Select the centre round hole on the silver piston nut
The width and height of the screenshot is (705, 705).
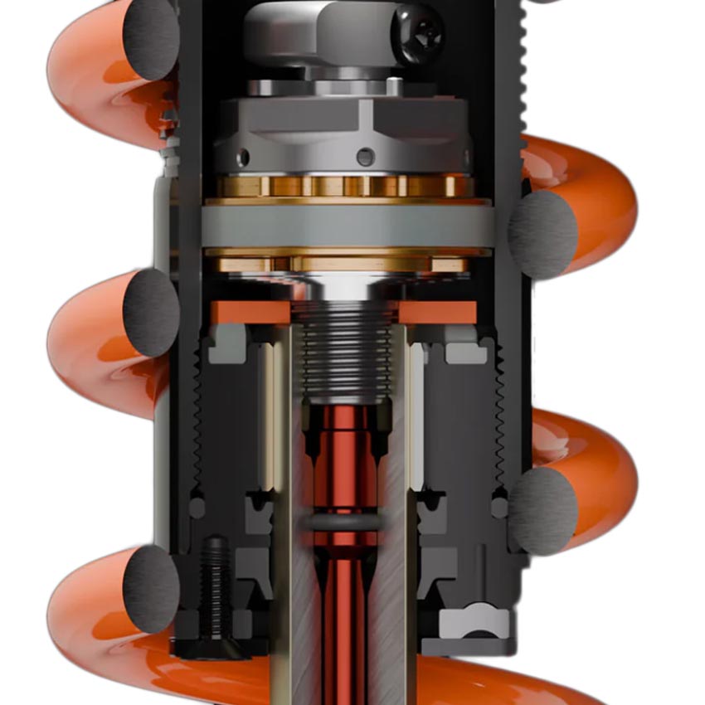[365, 156]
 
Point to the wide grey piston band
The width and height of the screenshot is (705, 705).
[348, 226]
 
